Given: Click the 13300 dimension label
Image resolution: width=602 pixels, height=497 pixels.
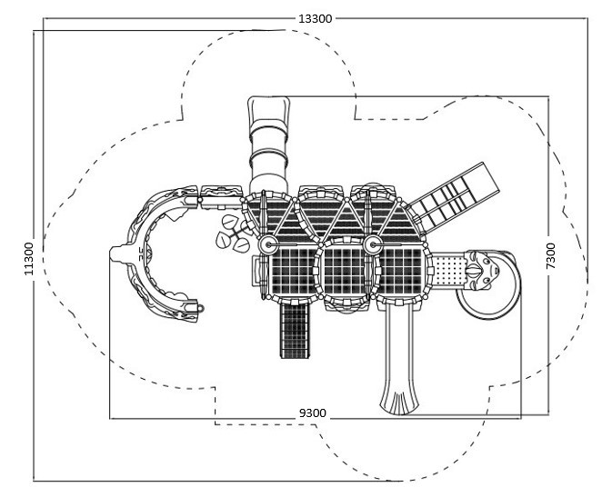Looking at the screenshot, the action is pyautogui.click(x=316, y=18).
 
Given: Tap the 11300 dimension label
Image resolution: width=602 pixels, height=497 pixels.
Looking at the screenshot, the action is pyautogui.click(x=29, y=258).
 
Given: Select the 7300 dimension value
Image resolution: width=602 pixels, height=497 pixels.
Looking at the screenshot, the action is pyautogui.click(x=550, y=255).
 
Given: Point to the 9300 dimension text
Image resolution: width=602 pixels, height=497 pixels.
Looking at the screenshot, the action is pyautogui.click(x=313, y=413).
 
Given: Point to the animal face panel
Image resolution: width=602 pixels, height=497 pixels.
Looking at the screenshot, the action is pyautogui.click(x=481, y=271).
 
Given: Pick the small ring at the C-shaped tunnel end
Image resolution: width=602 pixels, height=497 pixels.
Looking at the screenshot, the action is pyautogui.click(x=200, y=308).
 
